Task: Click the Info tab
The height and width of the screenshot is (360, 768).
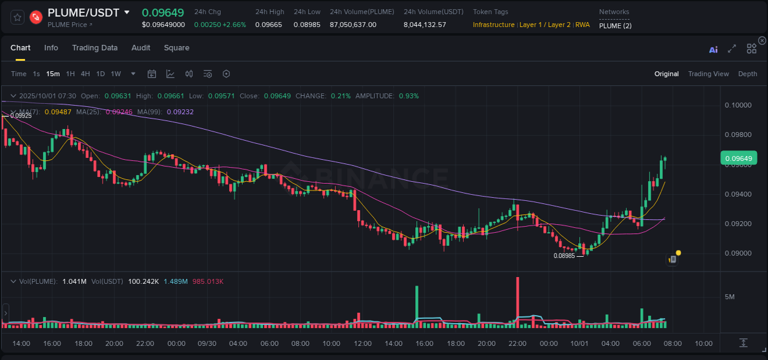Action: click(x=51, y=48)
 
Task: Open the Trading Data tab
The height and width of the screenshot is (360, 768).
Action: click(x=95, y=48)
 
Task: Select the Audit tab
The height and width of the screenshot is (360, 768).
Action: click(x=141, y=48)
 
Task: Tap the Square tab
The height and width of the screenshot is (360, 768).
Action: click(x=176, y=48)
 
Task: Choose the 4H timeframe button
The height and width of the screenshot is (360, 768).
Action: click(x=85, y=74)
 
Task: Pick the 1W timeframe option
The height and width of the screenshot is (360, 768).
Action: click(x=116, y=74)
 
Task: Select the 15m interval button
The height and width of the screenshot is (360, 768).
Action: click(x=53, y=74)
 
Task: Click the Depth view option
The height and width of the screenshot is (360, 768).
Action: click(x=747, y=74)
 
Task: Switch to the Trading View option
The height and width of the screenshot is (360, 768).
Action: click(x=708, y=74)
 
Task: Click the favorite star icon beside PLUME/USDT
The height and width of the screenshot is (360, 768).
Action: click(x=17, y=17)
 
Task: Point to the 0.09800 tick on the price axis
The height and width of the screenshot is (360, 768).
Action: click(x=738, y=135)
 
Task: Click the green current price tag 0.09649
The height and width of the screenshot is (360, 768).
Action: click(x=738, y=158)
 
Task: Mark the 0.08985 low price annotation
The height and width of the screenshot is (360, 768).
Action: click(x=564, y=256)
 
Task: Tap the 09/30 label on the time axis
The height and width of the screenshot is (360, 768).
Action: click(x=207, y=343)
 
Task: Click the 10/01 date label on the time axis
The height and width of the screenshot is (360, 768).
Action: click(x=579, y=343)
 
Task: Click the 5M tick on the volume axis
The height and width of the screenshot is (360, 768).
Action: click(x=730, y=297)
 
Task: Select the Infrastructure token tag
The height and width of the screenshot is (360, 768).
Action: click(x=493, y=25)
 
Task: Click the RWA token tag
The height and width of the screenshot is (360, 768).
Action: click(x=582, y=25)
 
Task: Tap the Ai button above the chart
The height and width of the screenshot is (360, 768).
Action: click(x=713, y=50)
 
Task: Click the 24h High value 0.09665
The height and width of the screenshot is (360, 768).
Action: click(x=268, y=25)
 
